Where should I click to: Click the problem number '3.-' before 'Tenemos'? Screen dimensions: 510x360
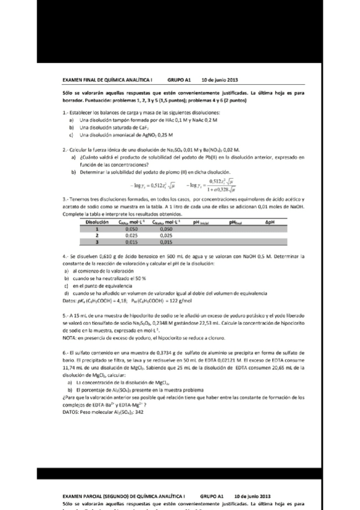click(x=66, y=198)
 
